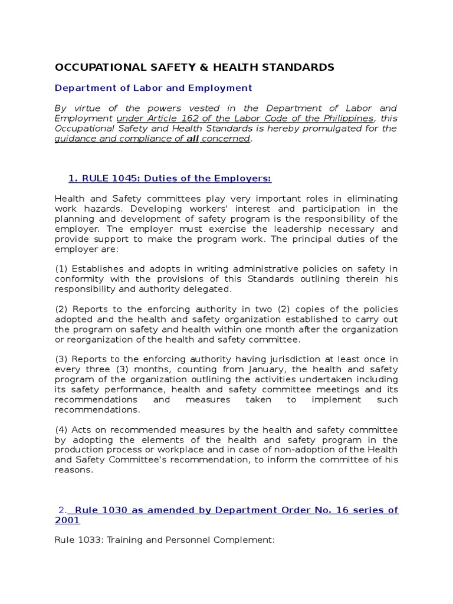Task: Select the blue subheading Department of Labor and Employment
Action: tap(153, 88)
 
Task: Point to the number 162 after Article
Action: tap(195, 119)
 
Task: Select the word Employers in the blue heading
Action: tap(245, 179)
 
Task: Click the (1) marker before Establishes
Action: tap(61, 269)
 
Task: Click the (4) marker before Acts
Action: tap(61, 429)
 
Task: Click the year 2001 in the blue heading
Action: tap(67, 520)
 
